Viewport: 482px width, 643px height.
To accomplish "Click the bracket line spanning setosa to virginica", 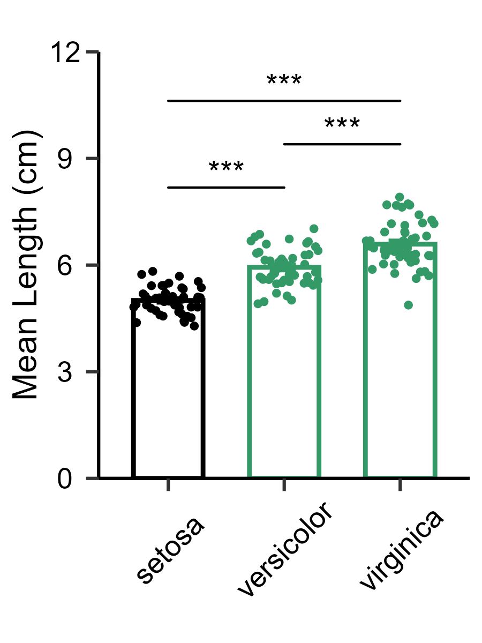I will (284, 100).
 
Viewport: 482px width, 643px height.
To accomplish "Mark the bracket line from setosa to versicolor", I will (226, 188).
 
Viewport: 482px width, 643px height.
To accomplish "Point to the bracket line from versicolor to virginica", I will (342, 144).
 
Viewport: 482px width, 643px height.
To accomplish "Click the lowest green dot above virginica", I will (408, 305).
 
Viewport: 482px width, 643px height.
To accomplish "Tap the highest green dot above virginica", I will (400, 198).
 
